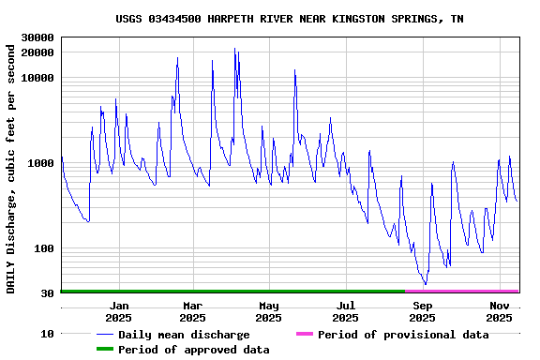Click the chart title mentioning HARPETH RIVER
[x=289, y=19]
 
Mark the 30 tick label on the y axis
[x=47, y=293]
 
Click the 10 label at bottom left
[x=47, y=334]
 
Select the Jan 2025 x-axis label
[x=119, y=311]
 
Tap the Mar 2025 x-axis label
[x=192, y=311]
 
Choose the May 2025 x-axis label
[x=269, y=311]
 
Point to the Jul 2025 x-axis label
[x=346, y=311]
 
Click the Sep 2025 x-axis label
[x=423, y=311]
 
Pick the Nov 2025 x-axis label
[x=500, y=311]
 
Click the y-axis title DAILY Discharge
[x=11, y=166]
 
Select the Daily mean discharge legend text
[x=184, y=335]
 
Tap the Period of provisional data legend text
[x=403, y=335]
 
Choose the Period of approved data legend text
[x=194, y=350]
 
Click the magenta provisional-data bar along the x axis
[x=461, y=292]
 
